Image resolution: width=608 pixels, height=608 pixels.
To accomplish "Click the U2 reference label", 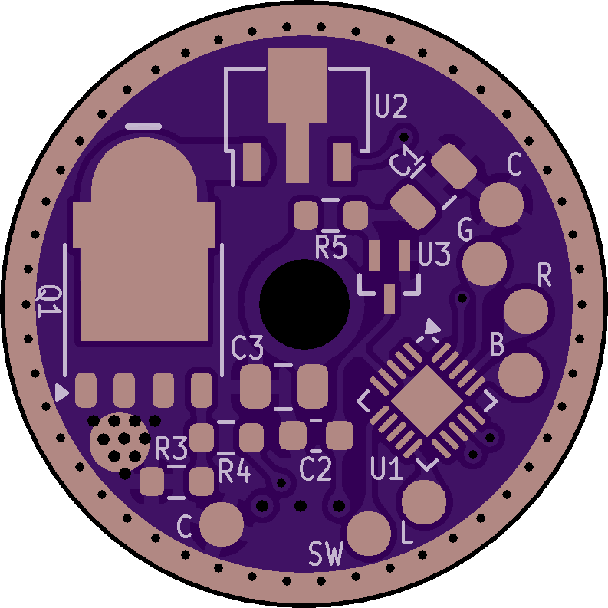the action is point(391,107).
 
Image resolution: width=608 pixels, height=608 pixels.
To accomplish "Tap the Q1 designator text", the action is point(49,301).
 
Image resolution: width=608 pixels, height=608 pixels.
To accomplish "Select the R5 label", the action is point(330,248).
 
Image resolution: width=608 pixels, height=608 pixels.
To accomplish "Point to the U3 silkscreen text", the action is point(434,254).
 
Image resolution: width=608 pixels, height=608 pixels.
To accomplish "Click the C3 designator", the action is point(247,347).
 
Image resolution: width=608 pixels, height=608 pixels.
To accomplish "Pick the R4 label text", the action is point(235,470).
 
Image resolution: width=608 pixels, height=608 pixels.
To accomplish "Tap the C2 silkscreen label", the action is point(316,468).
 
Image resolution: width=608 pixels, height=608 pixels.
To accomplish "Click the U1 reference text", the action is point(386,468).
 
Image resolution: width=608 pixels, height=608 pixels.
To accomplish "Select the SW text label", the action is point(326,554).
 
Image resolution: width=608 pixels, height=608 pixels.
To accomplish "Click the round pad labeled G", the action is point(485,263).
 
